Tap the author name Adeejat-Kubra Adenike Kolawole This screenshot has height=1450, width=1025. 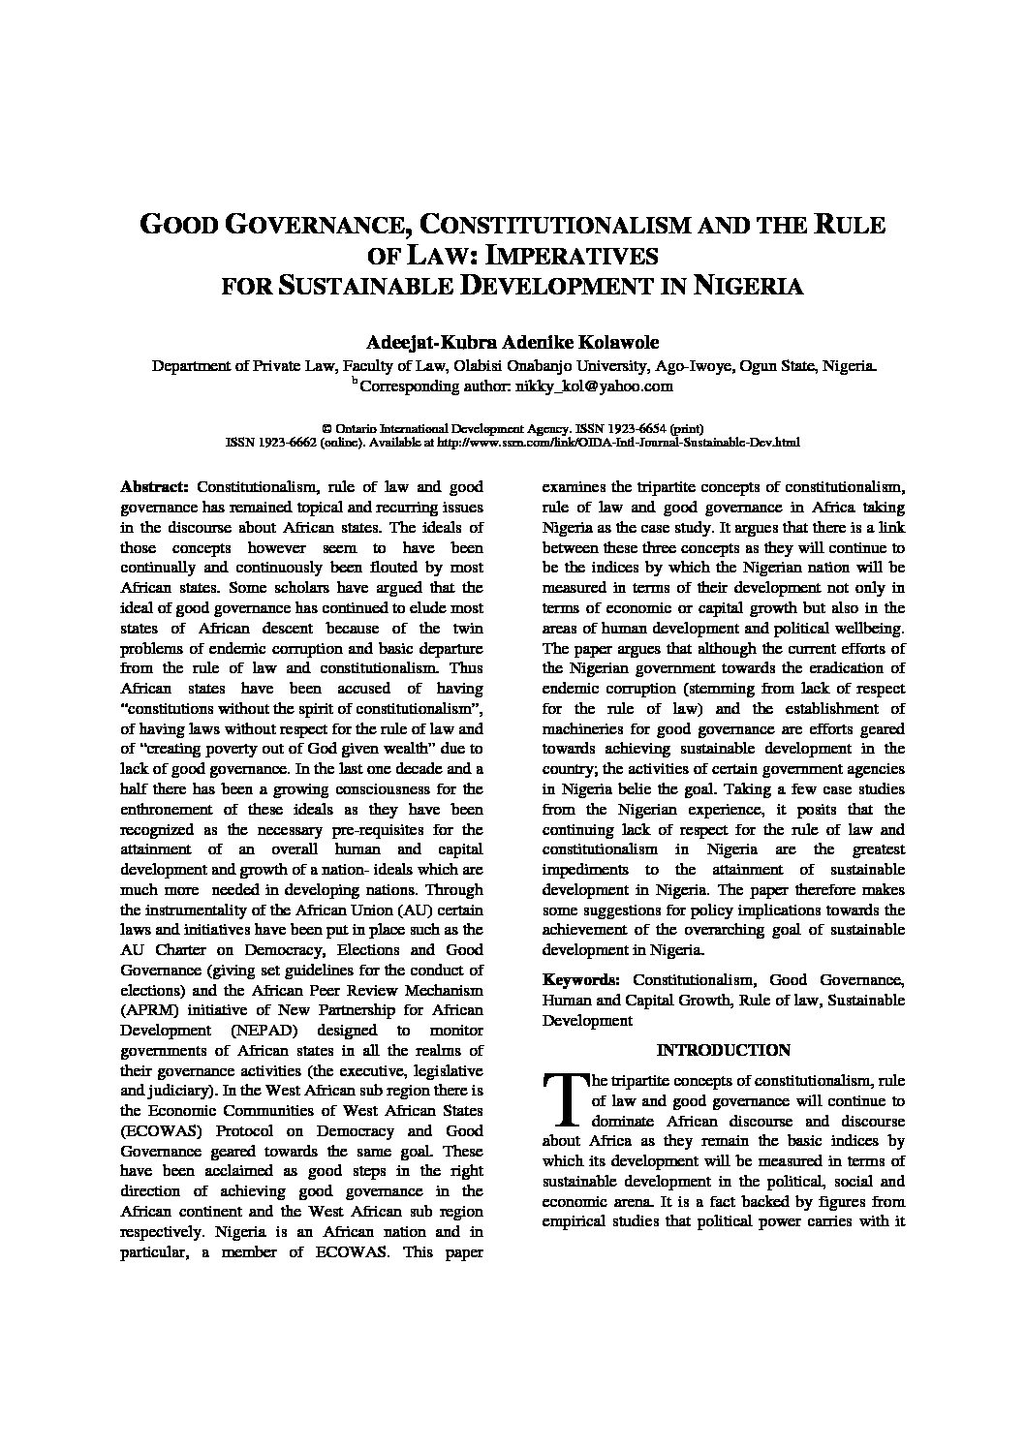tap(512, 343)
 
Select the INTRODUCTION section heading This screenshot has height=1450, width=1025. tap(723, 1050)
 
